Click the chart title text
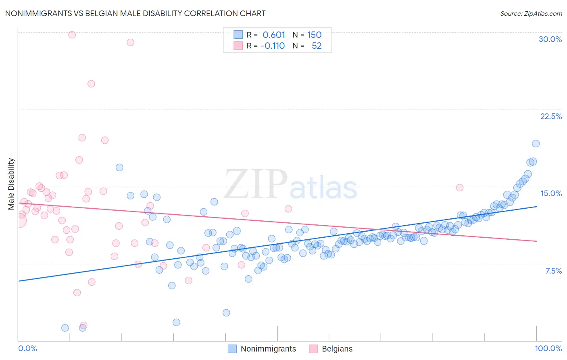135,13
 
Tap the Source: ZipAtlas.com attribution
531,13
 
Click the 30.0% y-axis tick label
550,39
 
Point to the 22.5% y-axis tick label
551,116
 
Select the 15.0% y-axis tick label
551,193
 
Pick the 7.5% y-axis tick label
553,271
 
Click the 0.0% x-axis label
28,348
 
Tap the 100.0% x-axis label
548,348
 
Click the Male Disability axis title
11,184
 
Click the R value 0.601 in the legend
274,35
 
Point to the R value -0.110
273,46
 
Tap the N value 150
314,35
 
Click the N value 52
317,46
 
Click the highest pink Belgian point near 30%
72,35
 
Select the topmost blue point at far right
536,143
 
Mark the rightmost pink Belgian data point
460,187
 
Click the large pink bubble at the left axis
19,220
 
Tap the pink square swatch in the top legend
238,46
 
